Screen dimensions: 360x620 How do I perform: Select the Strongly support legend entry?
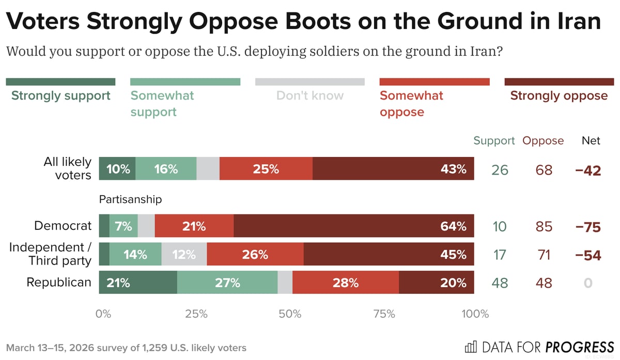pyautogui.click(x=60, y=96)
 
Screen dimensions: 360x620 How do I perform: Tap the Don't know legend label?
pyautogui.click(x=309, y=96)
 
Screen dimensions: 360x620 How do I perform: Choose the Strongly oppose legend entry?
pyautogui.click(x=559, y=96)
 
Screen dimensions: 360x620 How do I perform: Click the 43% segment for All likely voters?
pyautogui.click(x=393, y=169)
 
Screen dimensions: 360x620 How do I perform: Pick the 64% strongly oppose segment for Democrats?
pyautogui.click(x=353, y=226)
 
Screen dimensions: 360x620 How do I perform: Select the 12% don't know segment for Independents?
pyautogui.click(x=184, y=255)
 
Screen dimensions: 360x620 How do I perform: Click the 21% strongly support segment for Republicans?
pyautogui.click(x=138, y=283)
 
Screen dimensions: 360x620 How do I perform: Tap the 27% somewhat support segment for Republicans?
pyautogui.click(x=227, y=283)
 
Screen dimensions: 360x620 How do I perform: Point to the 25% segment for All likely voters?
pyautogui.click(x=266, y=169)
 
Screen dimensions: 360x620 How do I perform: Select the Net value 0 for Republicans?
pyautogui.click(x=588, y=283)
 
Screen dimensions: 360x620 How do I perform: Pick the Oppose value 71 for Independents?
pyautogui.click(x=544, y=255)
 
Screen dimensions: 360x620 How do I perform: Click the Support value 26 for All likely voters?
pyautogui.click(x=500, y=170)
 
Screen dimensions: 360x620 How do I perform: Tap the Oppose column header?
pyautogui.click(x=543, y=140)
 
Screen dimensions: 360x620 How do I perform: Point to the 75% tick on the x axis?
pyautogui.click(x=382, y=314)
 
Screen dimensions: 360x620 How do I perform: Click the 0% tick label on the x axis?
pyautogui.click(x=104, y=314)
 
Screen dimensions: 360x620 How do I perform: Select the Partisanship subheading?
pyautogui.click(x=130, y=199)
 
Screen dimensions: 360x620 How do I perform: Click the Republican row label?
pyautogui.click(x=59, y=283)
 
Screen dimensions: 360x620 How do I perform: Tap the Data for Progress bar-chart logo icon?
pyautogui.click(x=471, y=346)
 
